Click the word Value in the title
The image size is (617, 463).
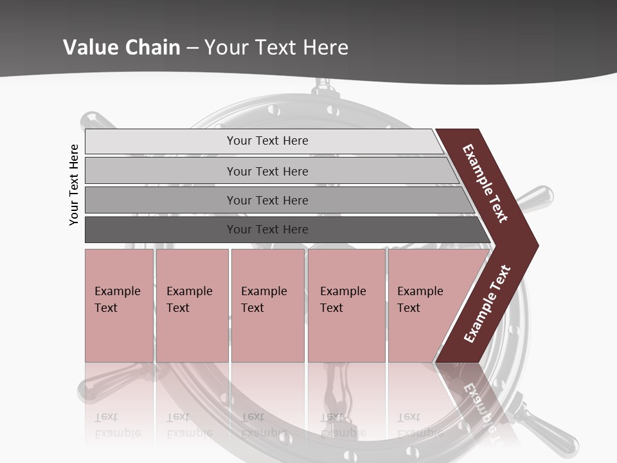click(x=87, y=48)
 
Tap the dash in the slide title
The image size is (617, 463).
click(x=193, y=48)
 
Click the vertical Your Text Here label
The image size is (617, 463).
click(x=74, y=185)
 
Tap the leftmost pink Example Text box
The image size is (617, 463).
click(x=119, y=305)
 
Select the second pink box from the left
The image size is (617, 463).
click(x=192, y=305)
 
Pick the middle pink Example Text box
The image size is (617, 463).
click(x=267, y=305)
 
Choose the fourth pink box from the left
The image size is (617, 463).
click(x=346, y=305)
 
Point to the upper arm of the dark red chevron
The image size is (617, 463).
click(x=485, y=183)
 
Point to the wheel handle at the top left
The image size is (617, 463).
click(x=96, y=122)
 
